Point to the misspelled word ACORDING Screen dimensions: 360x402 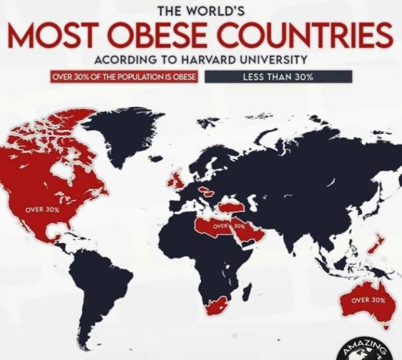(120, 61)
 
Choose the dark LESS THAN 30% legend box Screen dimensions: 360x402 (278, 77)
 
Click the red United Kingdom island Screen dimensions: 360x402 (176, 179)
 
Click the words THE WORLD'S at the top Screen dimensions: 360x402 (202, 10)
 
